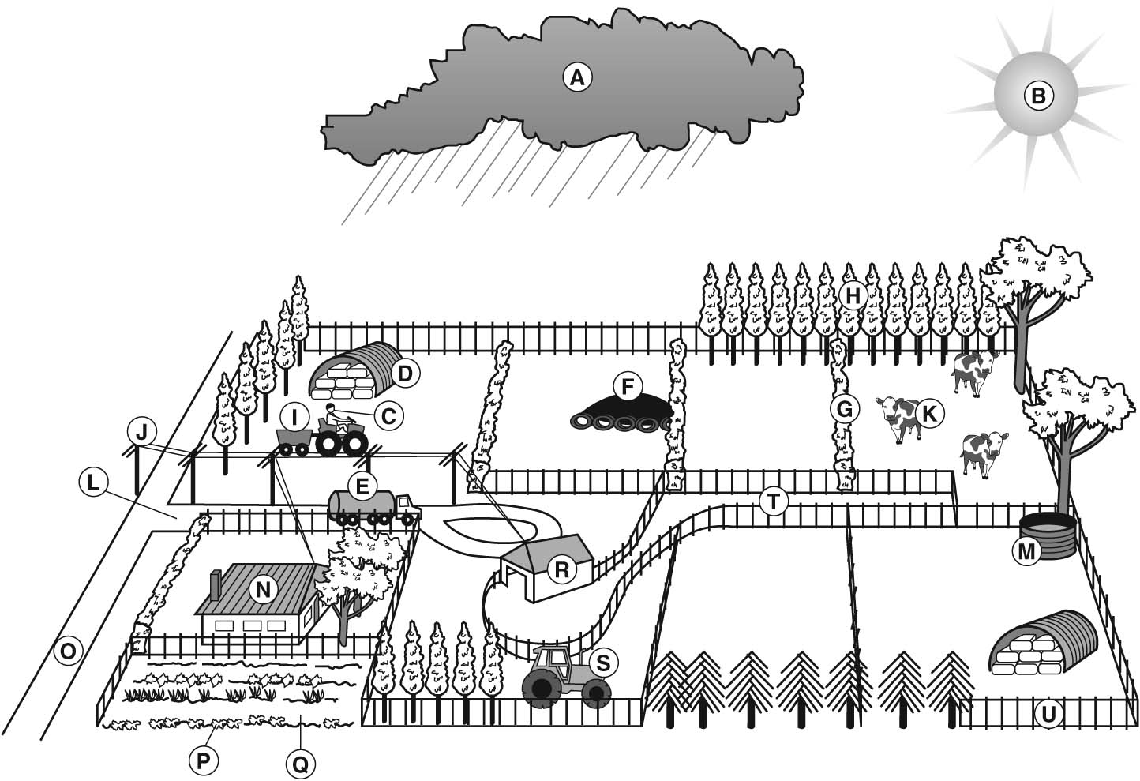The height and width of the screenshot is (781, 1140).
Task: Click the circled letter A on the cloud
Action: pyautogui.click(x=577, y=77)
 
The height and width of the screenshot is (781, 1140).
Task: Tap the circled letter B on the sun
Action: pyautogui.click(x=1038, y=96)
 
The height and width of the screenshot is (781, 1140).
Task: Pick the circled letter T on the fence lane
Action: pyautogui.click(x=773, y=501)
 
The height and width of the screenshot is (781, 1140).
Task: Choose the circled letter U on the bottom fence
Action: pyautogui.click(x=1048, y=715)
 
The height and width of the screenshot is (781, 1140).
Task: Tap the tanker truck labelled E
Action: pyautogui.click(x=371, y=505)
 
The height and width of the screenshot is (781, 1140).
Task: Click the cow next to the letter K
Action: pyautogui.click(x=898, y=416)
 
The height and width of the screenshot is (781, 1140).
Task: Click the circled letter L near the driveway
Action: pyautogui.click(x=94, y=482)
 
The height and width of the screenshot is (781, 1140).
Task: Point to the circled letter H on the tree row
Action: pyautogui.click(x=852, y=295)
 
